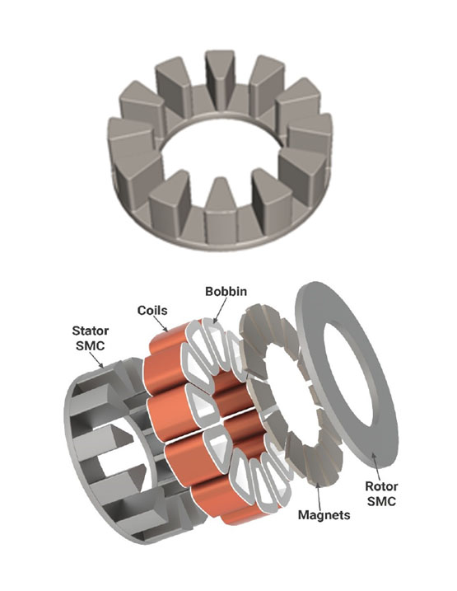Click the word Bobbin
pos(226,291)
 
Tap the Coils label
pos(152,311)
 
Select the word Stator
pos(91,331)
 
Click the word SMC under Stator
pos(91,345)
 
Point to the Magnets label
pos(324,515)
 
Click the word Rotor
pos(381,486)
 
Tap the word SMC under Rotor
pos(381,501)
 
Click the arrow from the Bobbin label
pos(221,310)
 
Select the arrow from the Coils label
pos(161,324)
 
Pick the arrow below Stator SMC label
pos(97,359)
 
